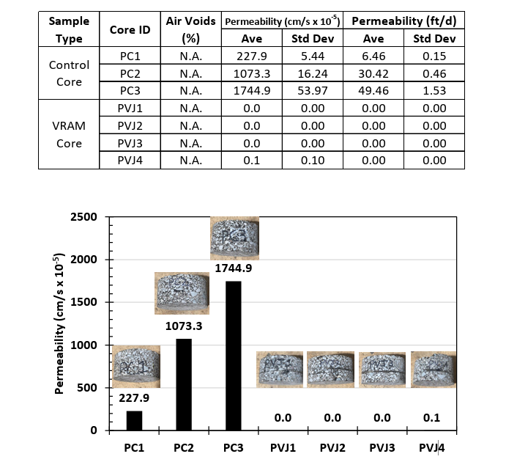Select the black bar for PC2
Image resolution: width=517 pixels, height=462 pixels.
pos(184,384)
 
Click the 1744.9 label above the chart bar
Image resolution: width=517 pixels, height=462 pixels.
pos(233,269)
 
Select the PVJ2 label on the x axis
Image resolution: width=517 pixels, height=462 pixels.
pos(333,447)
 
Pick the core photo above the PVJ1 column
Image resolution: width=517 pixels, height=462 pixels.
pos(283,369)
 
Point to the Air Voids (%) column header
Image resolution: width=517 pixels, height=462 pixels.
pos(190,29)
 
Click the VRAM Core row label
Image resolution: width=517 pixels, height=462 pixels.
pos(69,134)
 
